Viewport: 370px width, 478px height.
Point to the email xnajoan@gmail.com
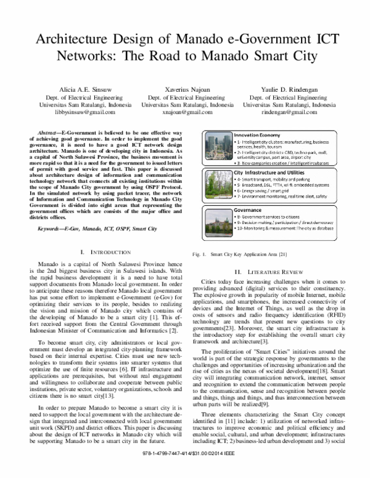(184, 113)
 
